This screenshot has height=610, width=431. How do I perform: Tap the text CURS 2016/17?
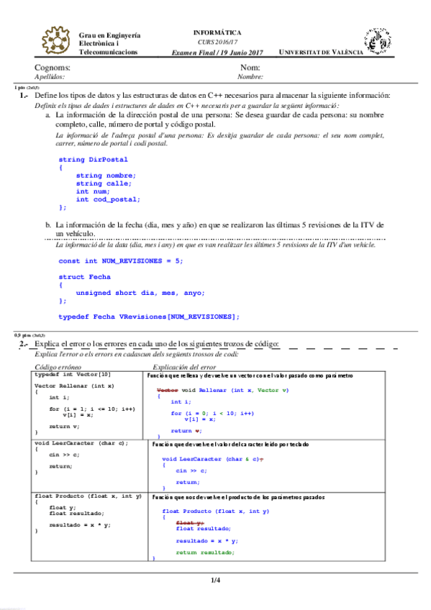coord(218,42)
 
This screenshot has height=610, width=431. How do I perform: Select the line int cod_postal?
coord(108,199)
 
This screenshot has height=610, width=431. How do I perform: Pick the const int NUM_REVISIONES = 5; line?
coord(121,260)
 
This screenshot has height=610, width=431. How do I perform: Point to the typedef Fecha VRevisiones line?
coord(149,317)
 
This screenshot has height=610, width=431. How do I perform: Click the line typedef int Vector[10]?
coord(73,375)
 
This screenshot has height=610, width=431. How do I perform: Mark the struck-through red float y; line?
coord(189,523)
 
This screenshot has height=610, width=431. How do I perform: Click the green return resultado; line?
coord(205,552)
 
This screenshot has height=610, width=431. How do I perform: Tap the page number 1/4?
coord(215,581)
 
